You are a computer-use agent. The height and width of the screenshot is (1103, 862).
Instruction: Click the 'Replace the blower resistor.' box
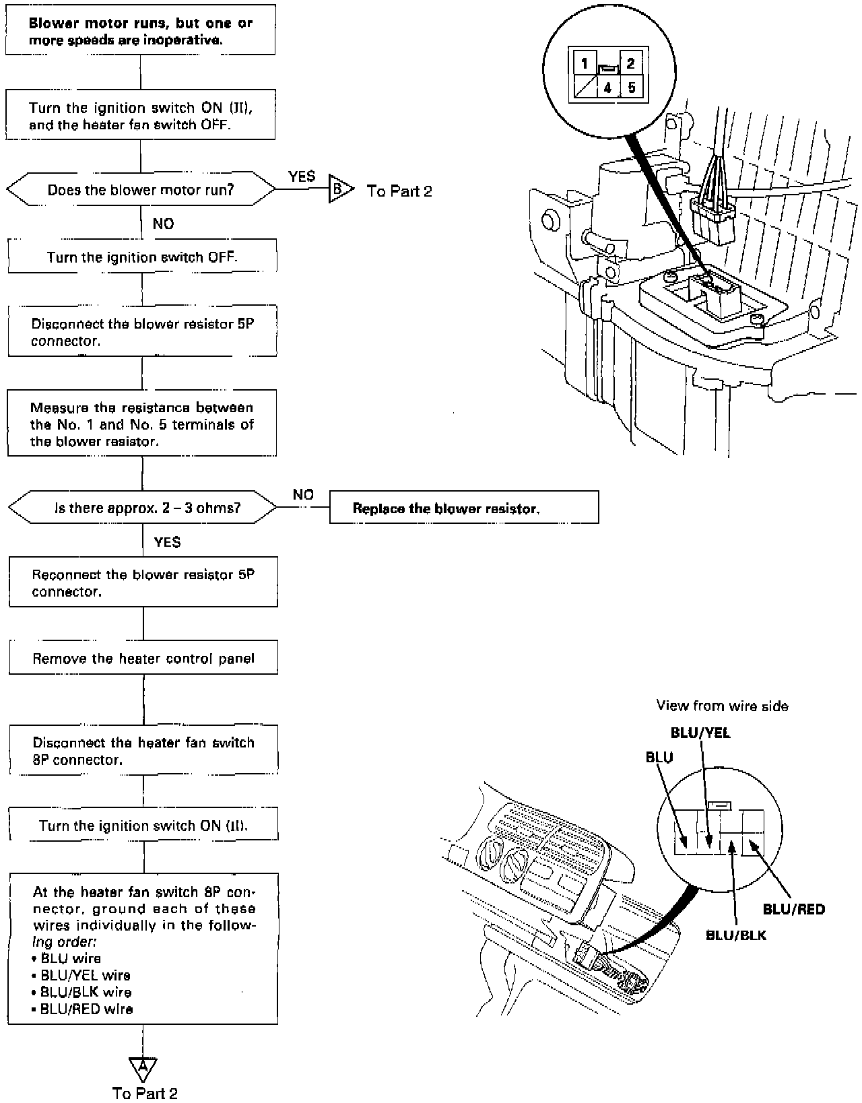(x=463, y=508)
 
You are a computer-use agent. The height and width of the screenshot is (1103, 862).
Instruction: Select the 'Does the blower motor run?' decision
(x=141, y=190)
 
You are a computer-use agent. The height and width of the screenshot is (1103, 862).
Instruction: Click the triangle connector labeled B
(x=339, y=190)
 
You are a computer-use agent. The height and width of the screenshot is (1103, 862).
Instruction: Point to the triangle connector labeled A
(x=142, y=1068)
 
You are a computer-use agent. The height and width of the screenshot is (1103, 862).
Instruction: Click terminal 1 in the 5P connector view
(x=585, y=64)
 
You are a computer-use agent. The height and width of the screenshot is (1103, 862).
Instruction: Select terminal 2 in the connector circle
(x=630, y=64)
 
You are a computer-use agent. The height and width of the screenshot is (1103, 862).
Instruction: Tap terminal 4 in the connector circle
(x=607, y=88)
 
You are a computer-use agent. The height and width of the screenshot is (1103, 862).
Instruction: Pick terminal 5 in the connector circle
(x=630, y=88)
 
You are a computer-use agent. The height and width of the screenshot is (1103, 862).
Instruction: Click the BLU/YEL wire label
(x=700, y=733)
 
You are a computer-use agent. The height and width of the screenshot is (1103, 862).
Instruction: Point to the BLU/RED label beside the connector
(x=793, y=909)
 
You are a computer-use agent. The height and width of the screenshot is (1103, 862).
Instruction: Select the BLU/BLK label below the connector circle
(x=735, y=935)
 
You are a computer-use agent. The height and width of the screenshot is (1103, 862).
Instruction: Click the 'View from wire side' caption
(x=722, y=706)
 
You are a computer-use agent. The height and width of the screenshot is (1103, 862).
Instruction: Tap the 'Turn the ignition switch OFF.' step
(x=142, y=257)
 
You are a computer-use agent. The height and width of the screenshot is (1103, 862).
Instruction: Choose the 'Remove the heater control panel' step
(x=143, y=658)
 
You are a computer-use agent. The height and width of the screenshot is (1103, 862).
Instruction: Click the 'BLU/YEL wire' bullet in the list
(x=86, y=975)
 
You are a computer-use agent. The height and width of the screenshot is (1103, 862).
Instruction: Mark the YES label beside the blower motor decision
(x=302, y=176)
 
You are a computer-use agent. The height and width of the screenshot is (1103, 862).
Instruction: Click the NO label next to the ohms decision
(x=303, y=495)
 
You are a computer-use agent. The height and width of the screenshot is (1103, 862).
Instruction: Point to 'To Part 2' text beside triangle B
(x=399, y=191)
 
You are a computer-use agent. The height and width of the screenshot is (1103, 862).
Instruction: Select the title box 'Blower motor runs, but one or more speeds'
(x=140, y=31)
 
